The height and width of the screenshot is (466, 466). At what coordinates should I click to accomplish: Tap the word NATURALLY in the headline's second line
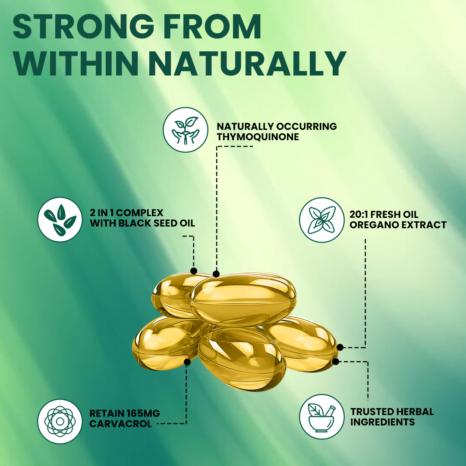click(x=248, y=63)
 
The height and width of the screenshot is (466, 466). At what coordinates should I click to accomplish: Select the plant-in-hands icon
click(x=186, y=130)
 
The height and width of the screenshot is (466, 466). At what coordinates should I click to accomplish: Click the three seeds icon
click(x=60, y=219)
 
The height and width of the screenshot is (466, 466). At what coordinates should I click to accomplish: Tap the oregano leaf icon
click(x=322, y=220)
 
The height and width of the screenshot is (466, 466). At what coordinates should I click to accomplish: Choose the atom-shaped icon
click(x=60, y=421)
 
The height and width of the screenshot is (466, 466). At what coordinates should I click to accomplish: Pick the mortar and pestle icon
click(x=322, y=417)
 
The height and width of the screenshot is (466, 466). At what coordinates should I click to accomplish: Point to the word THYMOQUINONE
click(x=258, y=137)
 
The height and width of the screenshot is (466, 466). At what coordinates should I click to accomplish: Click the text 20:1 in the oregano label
click(x=359, y=214)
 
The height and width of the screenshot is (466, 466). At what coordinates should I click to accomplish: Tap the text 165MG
click(x=143, y=413)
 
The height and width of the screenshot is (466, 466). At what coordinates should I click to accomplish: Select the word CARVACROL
click(x=120, y=424)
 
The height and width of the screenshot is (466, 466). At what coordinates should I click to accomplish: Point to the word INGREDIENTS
click(x=382, y=422)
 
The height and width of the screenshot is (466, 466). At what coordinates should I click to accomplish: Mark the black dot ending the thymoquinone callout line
click(x=216, y=274)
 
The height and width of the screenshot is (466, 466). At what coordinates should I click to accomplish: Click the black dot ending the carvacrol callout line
click(x=187, y=362)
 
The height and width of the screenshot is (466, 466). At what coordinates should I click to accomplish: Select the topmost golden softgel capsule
click(x=243, y=299)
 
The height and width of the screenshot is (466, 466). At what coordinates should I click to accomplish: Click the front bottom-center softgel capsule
click(x=241, y=359)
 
